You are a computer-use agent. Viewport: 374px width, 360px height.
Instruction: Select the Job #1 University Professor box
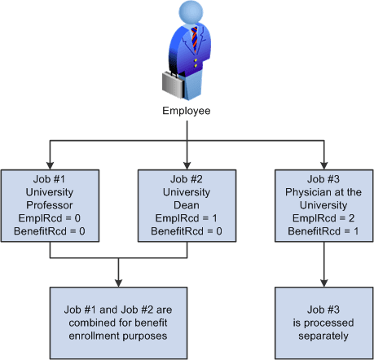click(50, 205)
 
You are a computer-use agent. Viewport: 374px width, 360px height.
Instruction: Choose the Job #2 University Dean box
click(187, 205)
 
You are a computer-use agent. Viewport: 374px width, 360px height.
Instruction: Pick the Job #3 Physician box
click(323, 205)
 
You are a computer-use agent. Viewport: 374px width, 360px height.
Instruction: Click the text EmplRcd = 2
click(323, 219)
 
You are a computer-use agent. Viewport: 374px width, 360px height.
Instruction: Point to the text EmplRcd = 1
click(187, 219)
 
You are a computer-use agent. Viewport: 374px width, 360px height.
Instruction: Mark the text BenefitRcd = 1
click(323, 232)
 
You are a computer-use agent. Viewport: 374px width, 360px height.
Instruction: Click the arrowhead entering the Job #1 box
click(50, 163)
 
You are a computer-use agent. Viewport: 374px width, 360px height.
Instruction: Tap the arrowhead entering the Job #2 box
click(187, 163)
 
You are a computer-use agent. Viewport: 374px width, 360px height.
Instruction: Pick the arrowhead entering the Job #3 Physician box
click(323, 163)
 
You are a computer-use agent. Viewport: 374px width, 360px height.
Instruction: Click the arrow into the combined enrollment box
click(119, 280)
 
